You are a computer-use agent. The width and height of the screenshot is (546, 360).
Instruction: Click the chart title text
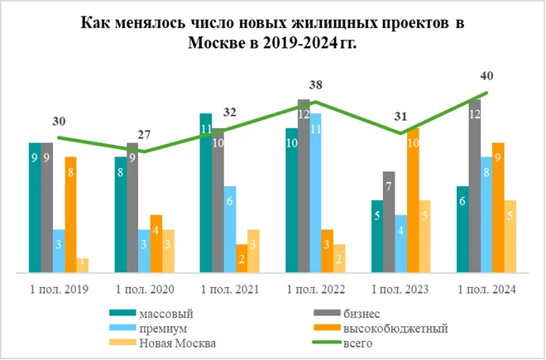click(x=272, y=33)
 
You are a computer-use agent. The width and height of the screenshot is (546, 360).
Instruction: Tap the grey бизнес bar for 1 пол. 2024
click(x=474, y=185)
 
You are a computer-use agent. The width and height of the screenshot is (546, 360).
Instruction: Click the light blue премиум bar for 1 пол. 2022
click(x=315, y=192)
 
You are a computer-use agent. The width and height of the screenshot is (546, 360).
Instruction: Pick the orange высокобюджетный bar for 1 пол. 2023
click(x=413, y=199)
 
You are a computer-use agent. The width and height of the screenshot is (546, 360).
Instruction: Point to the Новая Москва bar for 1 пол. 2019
click(x=82, y=264)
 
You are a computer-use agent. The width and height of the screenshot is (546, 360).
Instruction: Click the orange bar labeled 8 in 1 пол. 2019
click(x=70, y=214)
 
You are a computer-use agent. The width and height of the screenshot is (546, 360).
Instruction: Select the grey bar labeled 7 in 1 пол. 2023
click(x=389, y=221)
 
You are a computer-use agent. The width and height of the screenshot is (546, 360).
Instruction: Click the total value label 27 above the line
click(x=144, y=134)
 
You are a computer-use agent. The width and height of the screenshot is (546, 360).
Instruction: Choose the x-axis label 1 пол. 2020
click(x=144, y=290)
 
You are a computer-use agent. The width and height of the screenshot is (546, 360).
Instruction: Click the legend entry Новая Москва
click(x=175, y=343)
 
